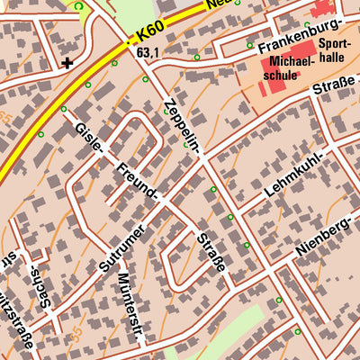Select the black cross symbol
(x=68, y=63)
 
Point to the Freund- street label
(x=138, y=180)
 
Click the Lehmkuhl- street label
(x=293, y=176)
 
